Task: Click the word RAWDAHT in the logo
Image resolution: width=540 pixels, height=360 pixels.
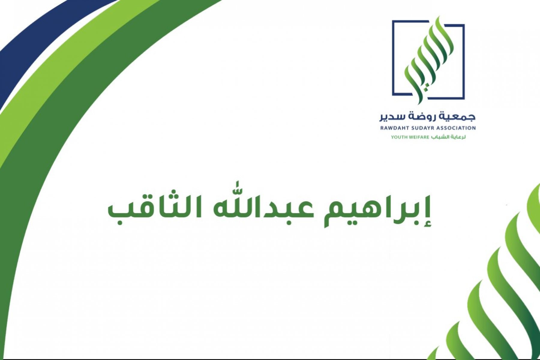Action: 393,128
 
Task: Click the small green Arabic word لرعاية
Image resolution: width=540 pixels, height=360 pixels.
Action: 458,137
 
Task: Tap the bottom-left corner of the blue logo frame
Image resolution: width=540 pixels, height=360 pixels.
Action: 393,95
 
